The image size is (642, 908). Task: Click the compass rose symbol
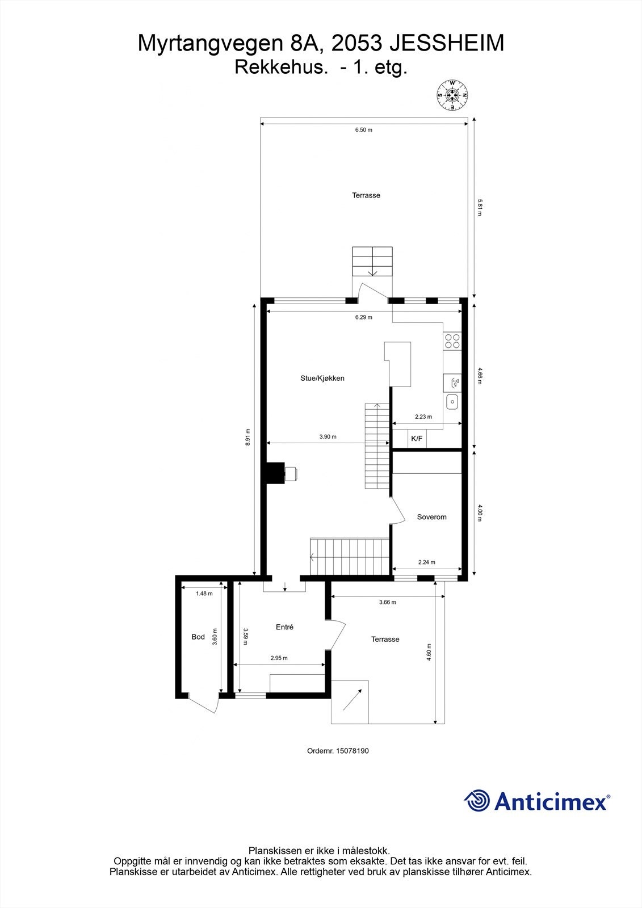click(452, 95)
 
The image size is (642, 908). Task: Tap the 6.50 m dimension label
click(363, 130)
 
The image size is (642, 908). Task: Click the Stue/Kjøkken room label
click(322, 378)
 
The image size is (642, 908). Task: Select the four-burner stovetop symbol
click(452, 341)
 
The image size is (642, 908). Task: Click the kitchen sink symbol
click(452, 402)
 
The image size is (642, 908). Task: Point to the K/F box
click(417, 439)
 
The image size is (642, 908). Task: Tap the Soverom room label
click(431, 517)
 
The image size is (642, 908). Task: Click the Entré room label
click(284, 627)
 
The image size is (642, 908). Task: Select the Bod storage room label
click(198, 637)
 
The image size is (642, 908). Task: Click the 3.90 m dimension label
click(328, 437)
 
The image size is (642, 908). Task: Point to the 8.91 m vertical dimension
click(247, 437)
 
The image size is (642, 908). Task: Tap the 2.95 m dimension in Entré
click(279, 658)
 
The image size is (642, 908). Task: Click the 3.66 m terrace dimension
click(387, 602)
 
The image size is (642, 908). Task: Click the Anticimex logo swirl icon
click(477, 801)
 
